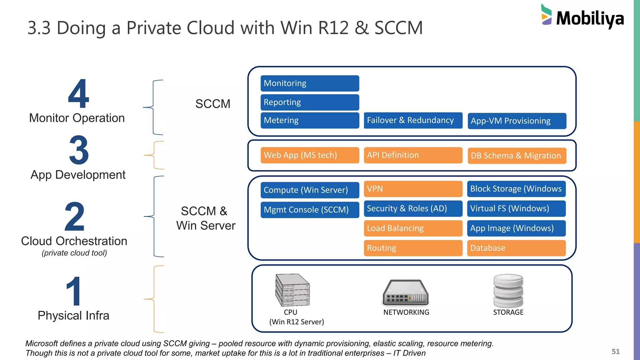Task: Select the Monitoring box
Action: pyautogui.click(x=309, y=83)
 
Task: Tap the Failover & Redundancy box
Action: pyautogui.click(x=413, y=120)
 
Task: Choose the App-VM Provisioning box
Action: pyautogui.click(x=517, y=121)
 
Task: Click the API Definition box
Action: pyautogui.click(x=413, y=155)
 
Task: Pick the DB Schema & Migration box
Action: pyautogui.click(x=517, y=156)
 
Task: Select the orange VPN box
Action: pyautogui.click(x=413, y=189)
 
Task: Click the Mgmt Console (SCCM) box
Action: pyautogui.click(x=309, y=210)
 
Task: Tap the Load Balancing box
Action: pyautogui.click(x=413, y=228)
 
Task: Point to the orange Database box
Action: pyautogui.click(x=516, y=248)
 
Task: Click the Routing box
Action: pyautogui.click(x=413, y=248)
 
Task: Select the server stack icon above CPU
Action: pyautogui.click(x=292, y=290)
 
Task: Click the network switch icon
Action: pyautogui.click(x=406, y=292)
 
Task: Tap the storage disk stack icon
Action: pyautogui.click(x=508, y=291)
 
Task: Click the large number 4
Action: pyautogui.click(x=78, y=93)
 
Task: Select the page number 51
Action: pyautogui.click(x=615, y=352)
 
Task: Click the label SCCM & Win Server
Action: pyautogui.click(x=206, y=218)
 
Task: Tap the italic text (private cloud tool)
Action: pyautogui.click(x=74, y=253)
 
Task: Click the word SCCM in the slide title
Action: pyautogui.click(x=398, y=28)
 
